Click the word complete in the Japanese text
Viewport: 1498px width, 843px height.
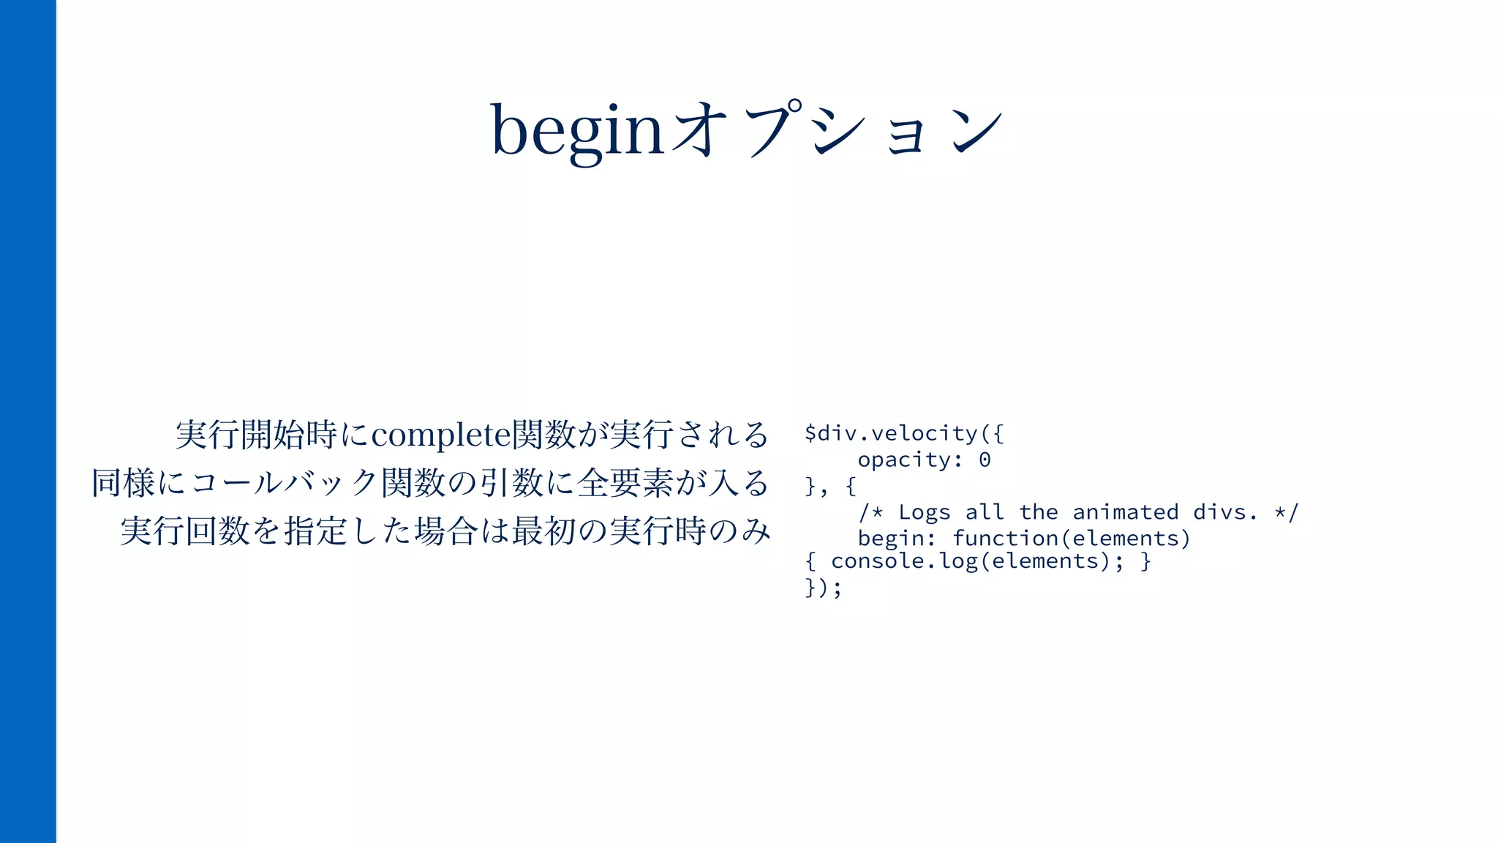pos(441,435)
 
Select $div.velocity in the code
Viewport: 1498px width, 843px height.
pos(891,433)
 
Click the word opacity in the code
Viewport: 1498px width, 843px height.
pos(904,460)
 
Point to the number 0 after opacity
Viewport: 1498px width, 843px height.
pos(985,460)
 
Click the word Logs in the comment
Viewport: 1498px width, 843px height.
pos(925,512)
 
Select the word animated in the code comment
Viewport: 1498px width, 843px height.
pos(1126,512)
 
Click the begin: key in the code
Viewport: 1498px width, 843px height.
pos(897,539)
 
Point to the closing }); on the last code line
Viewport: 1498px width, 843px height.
pos(824,588)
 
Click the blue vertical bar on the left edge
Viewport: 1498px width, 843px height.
pos(28,421)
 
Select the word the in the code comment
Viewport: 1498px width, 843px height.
pos(1039,512)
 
